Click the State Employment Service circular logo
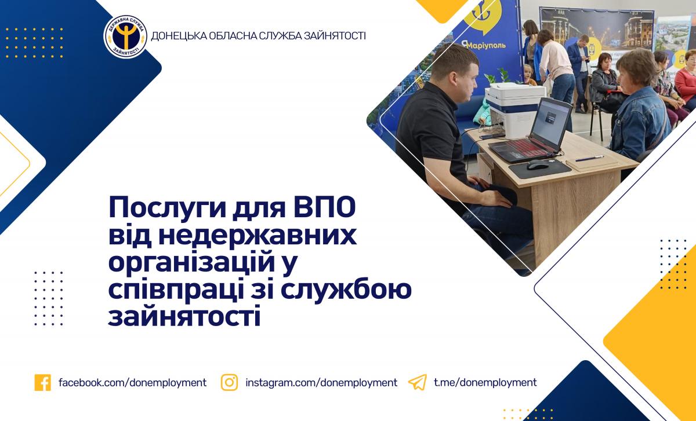[x=125, y=36]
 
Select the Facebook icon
[x=42, y=383]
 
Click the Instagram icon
[x=229, y=382]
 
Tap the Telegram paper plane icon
[x=417, y=382]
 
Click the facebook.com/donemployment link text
[x=132, y=383]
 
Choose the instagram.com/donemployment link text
[x=321, y=383]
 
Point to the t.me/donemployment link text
[x=485, y=383]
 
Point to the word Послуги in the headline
[x=167, y=208]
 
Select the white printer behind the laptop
[x=515, y=109]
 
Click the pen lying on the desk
[x=589, y=159]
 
